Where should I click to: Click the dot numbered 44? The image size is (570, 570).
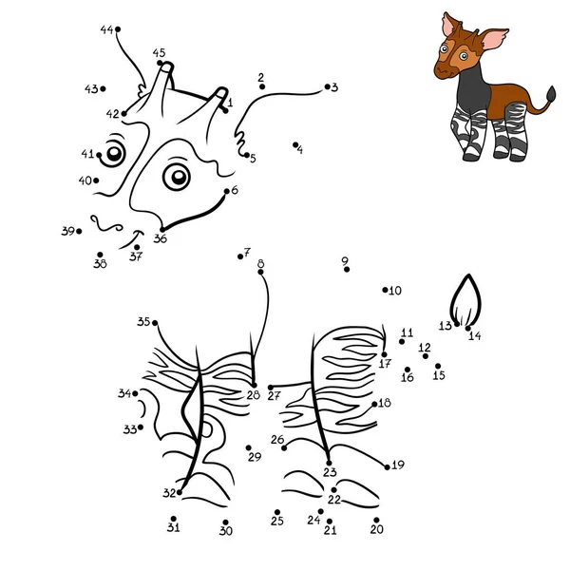point(118,30)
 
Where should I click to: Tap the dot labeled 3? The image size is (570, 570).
point(326,86)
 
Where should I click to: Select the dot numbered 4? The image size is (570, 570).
point(296,144)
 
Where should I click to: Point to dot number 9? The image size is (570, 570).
point(347,270)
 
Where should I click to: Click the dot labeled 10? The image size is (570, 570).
point(385,290)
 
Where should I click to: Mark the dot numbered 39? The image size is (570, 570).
point(79,231)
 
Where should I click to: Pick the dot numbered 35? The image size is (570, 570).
point(156,323)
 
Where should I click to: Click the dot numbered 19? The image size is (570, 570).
point(388,465)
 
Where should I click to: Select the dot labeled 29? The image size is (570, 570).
point(248,448)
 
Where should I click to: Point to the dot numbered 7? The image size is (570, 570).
point(240,255)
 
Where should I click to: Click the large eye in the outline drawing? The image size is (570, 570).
point(176,176)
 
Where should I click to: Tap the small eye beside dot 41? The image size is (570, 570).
point(115,152)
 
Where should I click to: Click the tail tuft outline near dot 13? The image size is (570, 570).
point(465,302)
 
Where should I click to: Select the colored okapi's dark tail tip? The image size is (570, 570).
point(551,93)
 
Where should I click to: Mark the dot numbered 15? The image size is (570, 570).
point(438,366)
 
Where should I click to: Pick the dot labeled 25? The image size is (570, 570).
point(276,511)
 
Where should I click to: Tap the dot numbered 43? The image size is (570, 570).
point(102,89)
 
